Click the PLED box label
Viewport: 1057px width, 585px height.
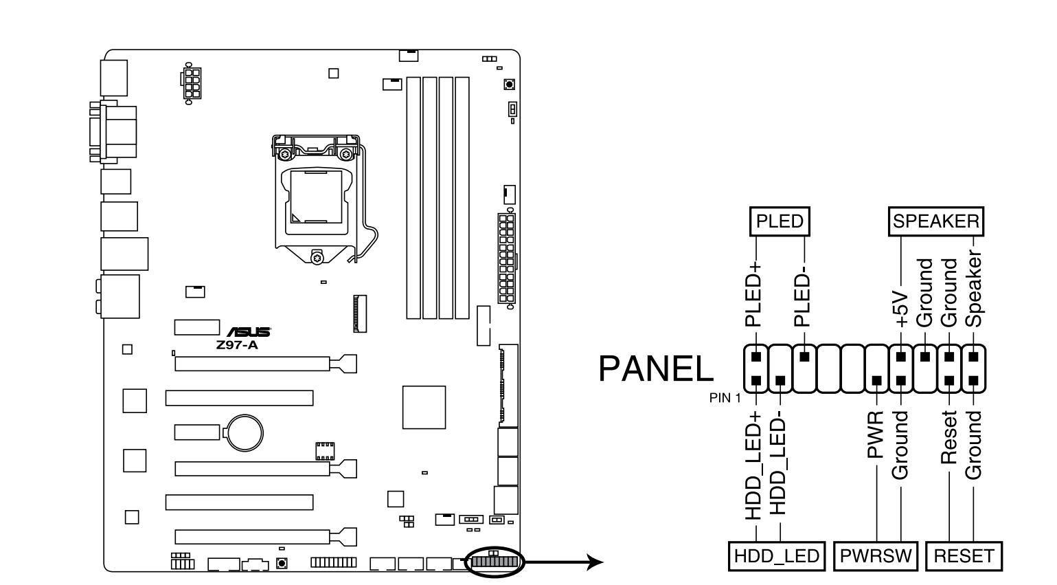coord(779,221)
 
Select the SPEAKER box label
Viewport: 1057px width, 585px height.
coord(935,221)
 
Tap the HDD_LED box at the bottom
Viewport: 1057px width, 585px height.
coord(776,556)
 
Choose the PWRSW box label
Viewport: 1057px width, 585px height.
coord(876,556)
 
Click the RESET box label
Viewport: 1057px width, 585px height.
coord(964,556)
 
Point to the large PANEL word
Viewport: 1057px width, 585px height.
coord(656,369)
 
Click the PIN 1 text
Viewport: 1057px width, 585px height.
coord(725,397)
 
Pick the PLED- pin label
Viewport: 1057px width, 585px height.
coord(802,300)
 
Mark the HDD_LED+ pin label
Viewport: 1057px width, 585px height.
coord(754,465)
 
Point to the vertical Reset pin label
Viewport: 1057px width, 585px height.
coord(948,437)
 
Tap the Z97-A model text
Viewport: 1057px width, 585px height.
coord(236,345)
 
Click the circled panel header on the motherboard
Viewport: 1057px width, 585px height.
coord(494,562)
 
